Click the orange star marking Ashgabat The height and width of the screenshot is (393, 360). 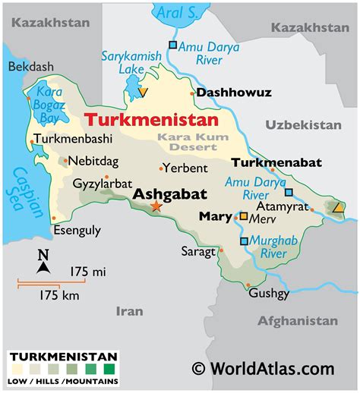(156, 206)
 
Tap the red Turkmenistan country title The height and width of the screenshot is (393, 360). (151, 120)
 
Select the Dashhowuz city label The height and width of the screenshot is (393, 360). (233, 93)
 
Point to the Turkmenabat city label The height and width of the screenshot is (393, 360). (276, 162)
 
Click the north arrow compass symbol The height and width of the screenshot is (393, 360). (43, 262)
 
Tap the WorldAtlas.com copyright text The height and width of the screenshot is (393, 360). (263, 368)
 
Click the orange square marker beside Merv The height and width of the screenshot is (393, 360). (243, 216)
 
